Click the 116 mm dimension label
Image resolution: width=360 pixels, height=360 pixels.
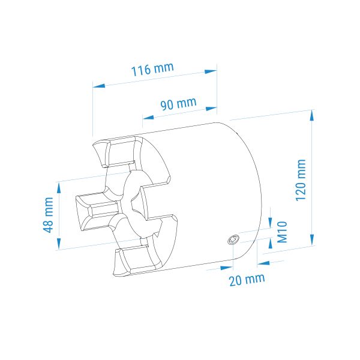(x=152, y=69)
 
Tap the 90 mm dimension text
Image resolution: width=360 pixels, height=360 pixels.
(x=178, y=104)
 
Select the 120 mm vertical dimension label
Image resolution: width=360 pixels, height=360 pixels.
(x=301, y=180)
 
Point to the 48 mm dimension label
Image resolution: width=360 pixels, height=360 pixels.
(x=48, y=215)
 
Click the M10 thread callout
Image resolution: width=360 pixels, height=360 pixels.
(x=282, y=232)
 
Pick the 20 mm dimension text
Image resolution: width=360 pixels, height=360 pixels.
(x=247, y=280)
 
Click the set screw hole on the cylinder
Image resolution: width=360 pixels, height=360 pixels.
(x=233, y=239)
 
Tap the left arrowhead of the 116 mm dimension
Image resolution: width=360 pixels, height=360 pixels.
(x=99, y=86)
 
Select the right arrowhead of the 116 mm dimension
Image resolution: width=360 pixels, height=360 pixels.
(x=211, y=71)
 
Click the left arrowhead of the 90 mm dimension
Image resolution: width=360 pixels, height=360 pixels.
(x=148, y=118)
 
